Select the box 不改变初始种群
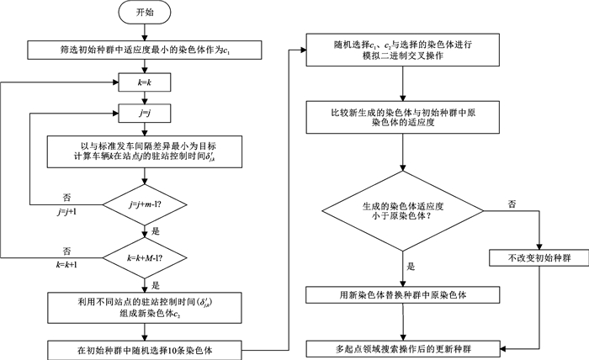532,258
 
